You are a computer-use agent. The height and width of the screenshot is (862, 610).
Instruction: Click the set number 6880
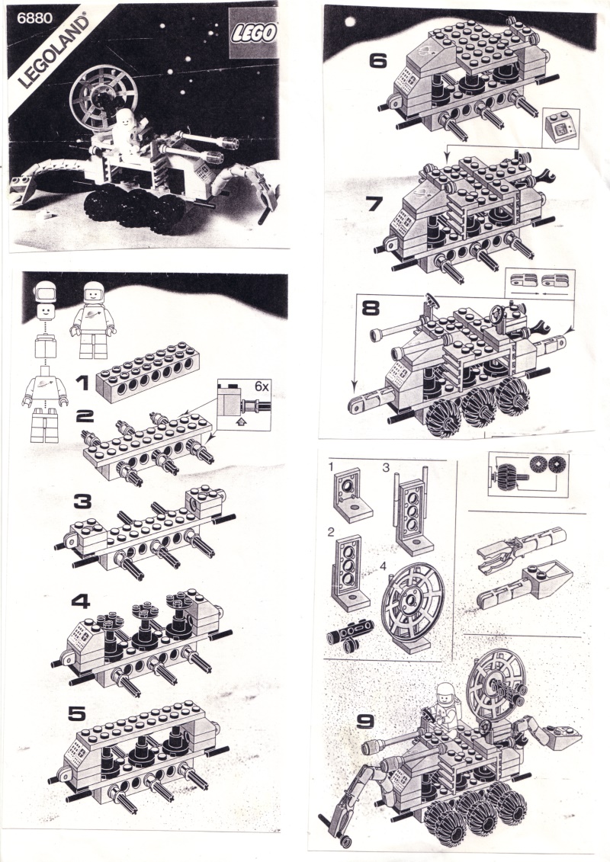[x=34, y=18]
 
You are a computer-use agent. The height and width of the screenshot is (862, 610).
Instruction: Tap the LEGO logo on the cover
[x=253, y=34]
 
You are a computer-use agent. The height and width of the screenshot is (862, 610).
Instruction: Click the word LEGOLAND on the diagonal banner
[x=54, y=52]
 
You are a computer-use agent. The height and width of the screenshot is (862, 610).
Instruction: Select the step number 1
[x=82, y=383]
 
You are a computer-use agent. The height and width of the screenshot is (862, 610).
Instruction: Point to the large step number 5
[x=76, y=713]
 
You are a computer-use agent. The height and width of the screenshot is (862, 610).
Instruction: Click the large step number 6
[x=378, y=60]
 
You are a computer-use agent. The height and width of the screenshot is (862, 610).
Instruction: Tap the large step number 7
[x=375, y=204]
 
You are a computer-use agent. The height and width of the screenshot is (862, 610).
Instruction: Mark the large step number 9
[x=366, y=721]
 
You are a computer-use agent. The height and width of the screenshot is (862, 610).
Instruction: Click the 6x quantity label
[x=262, y=386]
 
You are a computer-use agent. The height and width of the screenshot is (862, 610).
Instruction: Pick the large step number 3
[x=82, y=501]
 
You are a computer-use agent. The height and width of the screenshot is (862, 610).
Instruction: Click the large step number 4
[x=80, y=601]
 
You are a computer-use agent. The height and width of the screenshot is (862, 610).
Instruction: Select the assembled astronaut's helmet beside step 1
[x=94, y=292]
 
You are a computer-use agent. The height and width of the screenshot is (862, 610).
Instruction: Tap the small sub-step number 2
[x=331, y=531]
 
